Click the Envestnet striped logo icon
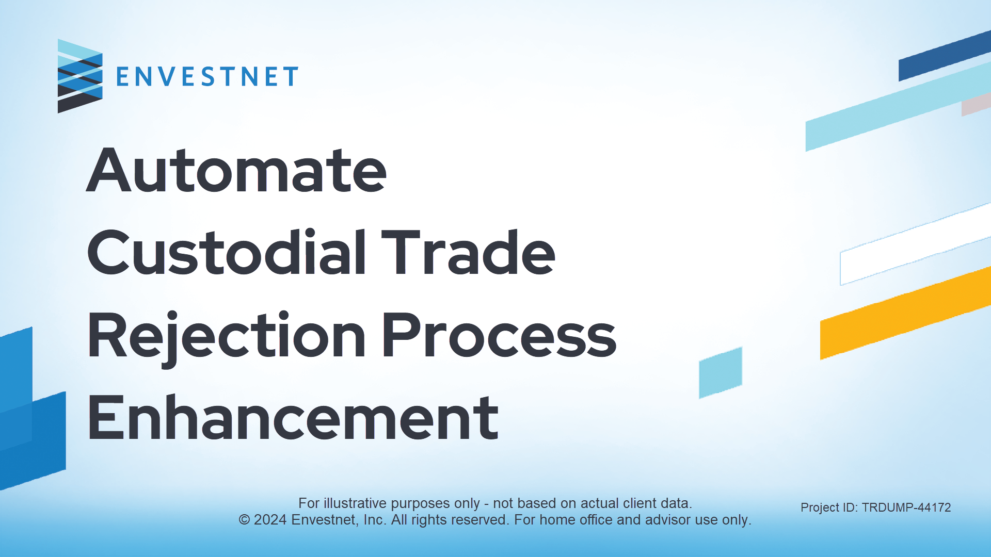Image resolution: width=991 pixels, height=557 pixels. [80, 76]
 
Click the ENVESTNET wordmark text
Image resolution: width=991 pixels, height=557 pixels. [207, 77]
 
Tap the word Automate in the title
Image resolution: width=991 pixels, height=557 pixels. [236, 170]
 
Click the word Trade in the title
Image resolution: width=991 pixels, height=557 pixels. [468, 252]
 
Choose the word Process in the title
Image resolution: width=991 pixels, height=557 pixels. [499, 335]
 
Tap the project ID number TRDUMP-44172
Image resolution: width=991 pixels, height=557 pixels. [906, 507]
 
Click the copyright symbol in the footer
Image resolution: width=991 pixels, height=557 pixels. [244, 520]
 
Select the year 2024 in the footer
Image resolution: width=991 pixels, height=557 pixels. [270, 520]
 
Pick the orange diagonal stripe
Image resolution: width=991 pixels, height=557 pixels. [905, 313]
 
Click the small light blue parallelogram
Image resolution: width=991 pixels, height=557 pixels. [721, 372]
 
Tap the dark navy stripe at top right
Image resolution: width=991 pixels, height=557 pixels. [945, 56]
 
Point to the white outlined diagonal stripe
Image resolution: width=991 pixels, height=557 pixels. [916, 244]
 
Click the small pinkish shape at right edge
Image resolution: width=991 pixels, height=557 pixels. [976, 105]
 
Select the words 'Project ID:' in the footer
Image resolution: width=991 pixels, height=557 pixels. [829, 507]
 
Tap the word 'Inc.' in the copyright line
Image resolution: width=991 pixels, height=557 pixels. [375, 520]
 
